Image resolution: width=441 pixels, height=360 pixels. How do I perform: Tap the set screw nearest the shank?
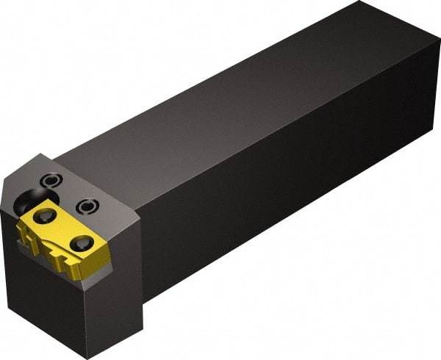coord(87,206)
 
